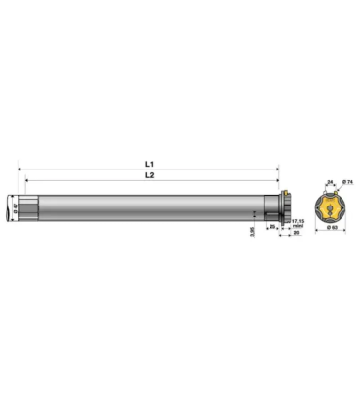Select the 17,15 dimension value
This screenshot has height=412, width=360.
click(x=298, y=219)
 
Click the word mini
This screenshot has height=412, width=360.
click(x=298, y=225)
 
